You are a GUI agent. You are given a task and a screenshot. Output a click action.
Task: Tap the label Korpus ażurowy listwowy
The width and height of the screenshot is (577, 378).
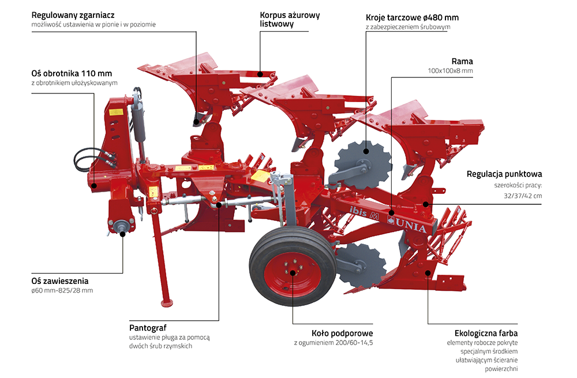[290, 19]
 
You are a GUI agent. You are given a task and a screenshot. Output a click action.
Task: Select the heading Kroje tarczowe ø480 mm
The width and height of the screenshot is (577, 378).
[412, 17]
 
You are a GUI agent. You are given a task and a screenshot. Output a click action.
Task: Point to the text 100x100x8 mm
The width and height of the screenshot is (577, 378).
[450, 71]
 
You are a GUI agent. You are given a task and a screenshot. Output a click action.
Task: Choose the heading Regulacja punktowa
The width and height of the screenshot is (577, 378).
[504, 174]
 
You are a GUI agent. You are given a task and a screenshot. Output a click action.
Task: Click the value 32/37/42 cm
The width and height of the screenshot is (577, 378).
[523, 196]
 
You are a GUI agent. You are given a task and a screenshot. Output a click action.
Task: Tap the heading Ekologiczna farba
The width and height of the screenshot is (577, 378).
[486, 333]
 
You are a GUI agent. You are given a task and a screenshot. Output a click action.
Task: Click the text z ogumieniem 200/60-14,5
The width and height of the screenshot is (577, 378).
[334, 343]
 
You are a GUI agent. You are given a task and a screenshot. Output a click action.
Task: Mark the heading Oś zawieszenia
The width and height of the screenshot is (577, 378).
[59, 280]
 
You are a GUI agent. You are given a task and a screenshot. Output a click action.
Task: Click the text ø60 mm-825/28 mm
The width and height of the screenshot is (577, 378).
[62, 290]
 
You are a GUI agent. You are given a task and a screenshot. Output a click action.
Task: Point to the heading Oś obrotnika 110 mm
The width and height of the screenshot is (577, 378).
[72, 73]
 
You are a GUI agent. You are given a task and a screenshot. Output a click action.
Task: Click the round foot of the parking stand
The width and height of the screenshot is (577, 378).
[168, 302]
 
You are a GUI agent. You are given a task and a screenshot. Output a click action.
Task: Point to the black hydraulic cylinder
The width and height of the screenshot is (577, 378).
[138, 119]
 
